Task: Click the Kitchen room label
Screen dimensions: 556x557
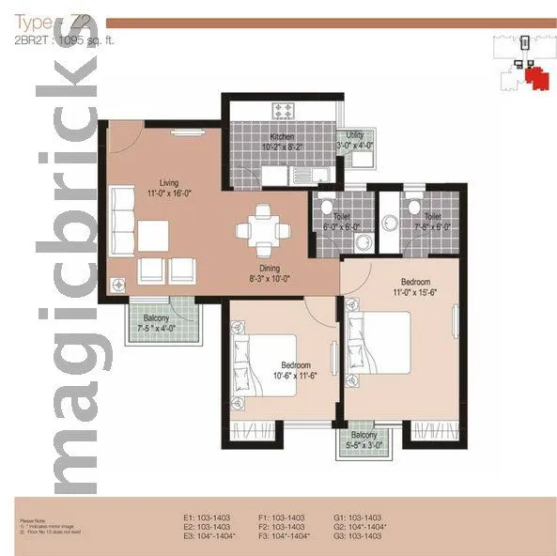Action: [282, 135]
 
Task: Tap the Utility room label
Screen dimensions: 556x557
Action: [354, 135]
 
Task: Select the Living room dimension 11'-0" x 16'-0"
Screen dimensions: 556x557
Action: [169, 193]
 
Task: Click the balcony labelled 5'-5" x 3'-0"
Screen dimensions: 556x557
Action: [364, 441]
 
